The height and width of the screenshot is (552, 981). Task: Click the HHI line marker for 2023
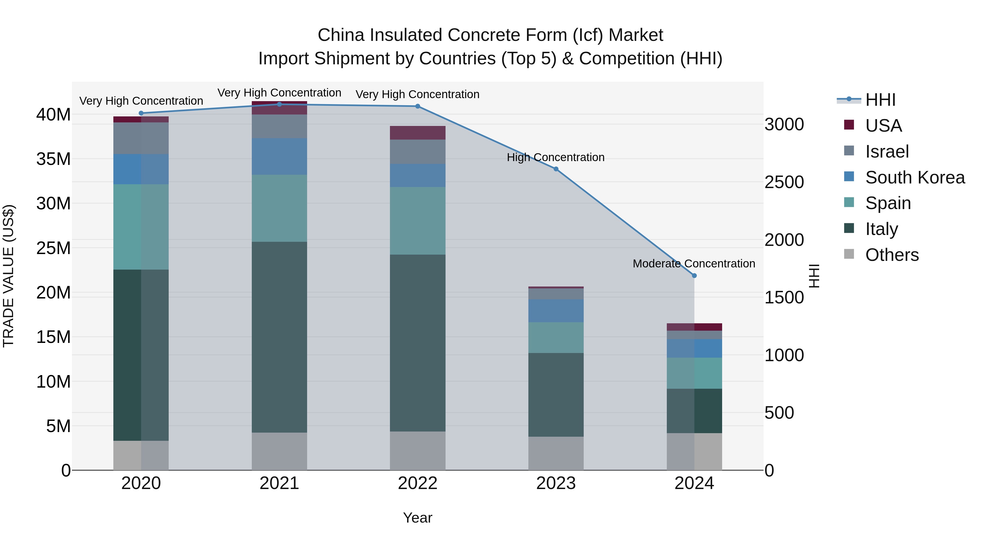coord(556,169)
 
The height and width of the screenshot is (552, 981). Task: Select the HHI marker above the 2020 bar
coord(141,113)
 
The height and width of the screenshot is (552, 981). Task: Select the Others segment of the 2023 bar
coord(556,453)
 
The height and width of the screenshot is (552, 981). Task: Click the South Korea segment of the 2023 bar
coord(556,310)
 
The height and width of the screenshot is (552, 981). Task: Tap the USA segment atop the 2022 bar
coord(417,132)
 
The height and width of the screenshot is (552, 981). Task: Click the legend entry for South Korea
coord(915,177)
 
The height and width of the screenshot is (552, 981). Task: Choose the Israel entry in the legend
coord(887,152)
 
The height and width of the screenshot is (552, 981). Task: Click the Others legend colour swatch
coord(849,254)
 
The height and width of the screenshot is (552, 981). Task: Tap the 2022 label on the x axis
coord(417,483)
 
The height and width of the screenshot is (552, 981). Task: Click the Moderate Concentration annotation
coord(694,264)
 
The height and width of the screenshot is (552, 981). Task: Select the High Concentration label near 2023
coord(555,157)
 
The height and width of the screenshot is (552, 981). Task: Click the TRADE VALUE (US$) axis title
coord(8,276)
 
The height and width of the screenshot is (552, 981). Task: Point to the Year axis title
coord(417,518)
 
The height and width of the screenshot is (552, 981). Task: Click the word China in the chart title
coord(341,35)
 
